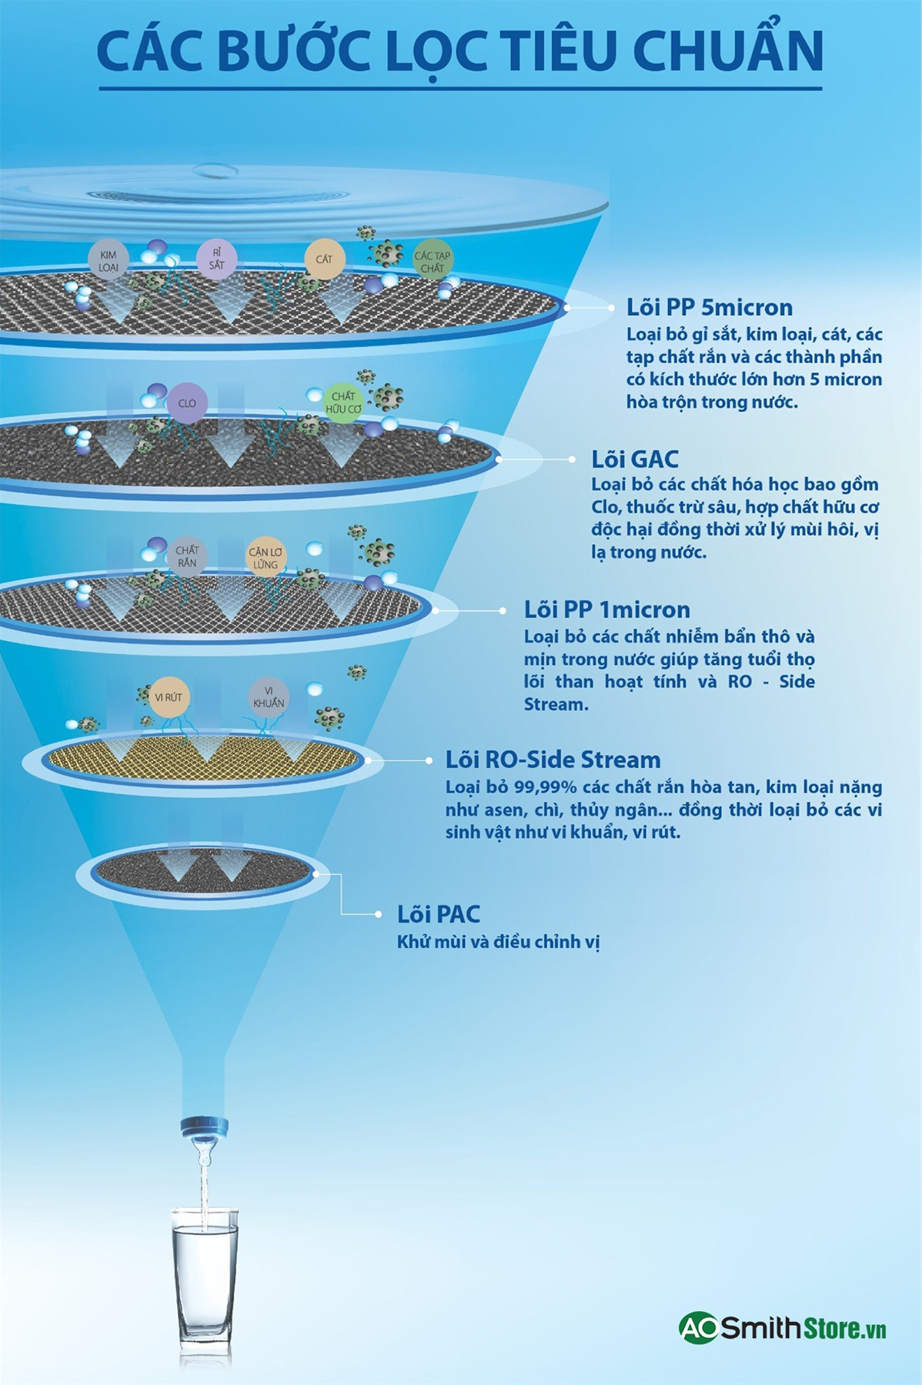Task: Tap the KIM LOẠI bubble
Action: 109,261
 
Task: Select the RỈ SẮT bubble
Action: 216,259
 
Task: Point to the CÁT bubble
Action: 324,259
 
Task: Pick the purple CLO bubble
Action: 187,403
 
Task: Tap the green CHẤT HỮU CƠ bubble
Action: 343,402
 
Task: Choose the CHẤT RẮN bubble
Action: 187,556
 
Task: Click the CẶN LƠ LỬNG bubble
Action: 266,557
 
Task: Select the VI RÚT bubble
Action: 169,697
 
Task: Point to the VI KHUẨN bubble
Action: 268,696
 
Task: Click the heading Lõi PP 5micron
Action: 709,308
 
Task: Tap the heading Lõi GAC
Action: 634,459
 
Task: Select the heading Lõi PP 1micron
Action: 606,610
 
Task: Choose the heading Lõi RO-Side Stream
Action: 553,760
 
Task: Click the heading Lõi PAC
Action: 438,914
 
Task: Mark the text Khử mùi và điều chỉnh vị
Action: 498,942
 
